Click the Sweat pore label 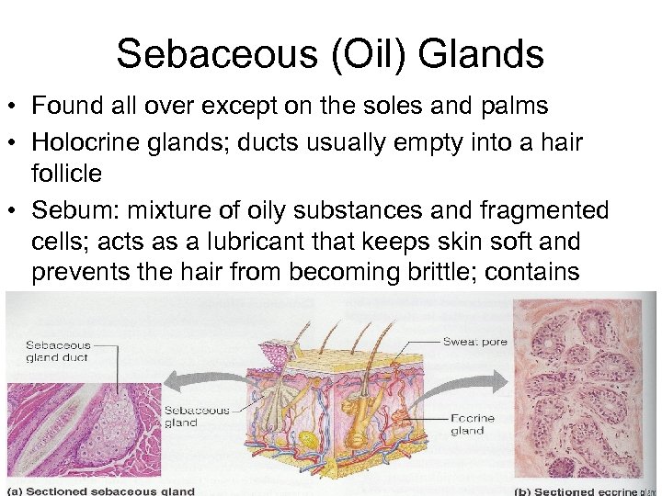tap(474, 342)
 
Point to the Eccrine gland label tap(474, 424)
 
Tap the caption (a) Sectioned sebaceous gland tap(101, 490)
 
